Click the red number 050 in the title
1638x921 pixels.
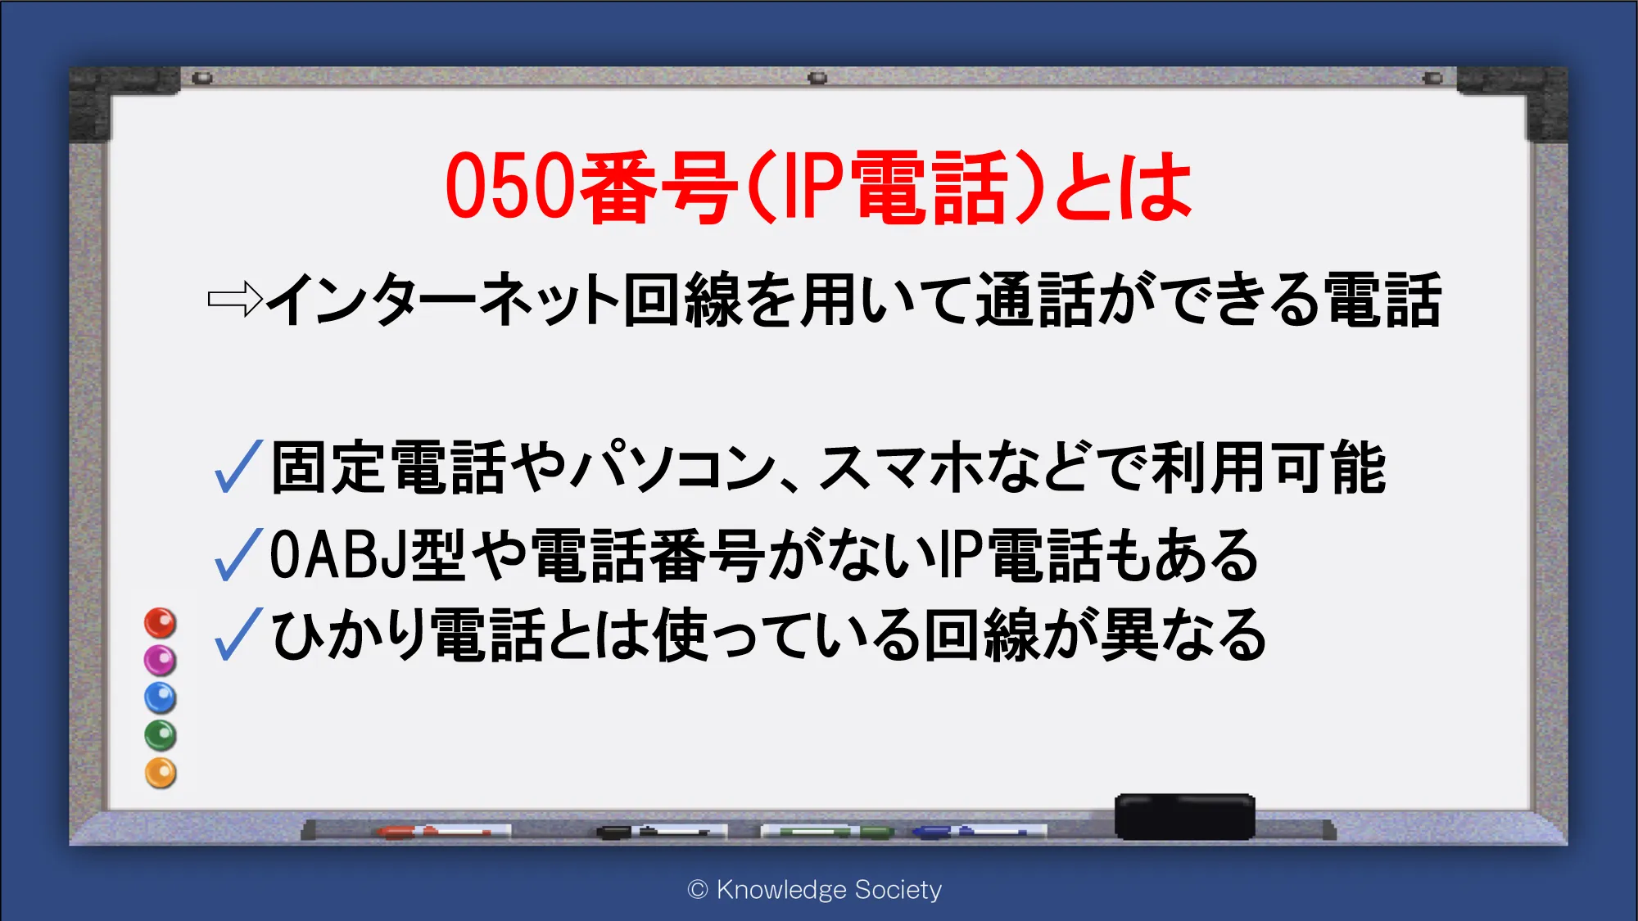pos(511,187)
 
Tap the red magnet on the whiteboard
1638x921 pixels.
pos(161,623)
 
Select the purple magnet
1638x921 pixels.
pos(161,660)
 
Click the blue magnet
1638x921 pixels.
pos(161,698)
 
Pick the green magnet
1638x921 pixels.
pos(161,735)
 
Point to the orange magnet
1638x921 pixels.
pos(161,773)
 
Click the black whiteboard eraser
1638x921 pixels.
pos(1185,816)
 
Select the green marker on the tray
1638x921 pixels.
pos(827,832)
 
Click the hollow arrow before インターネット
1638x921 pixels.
pos(235,300)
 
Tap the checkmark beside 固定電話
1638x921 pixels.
pos(238,467)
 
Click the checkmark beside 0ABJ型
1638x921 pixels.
pos(238,555)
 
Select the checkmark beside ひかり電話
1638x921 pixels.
pos(238,634)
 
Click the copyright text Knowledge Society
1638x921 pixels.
pos(815,889)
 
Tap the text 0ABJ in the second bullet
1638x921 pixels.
pos(338,555)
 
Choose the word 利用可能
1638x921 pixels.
pos(1269,467)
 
